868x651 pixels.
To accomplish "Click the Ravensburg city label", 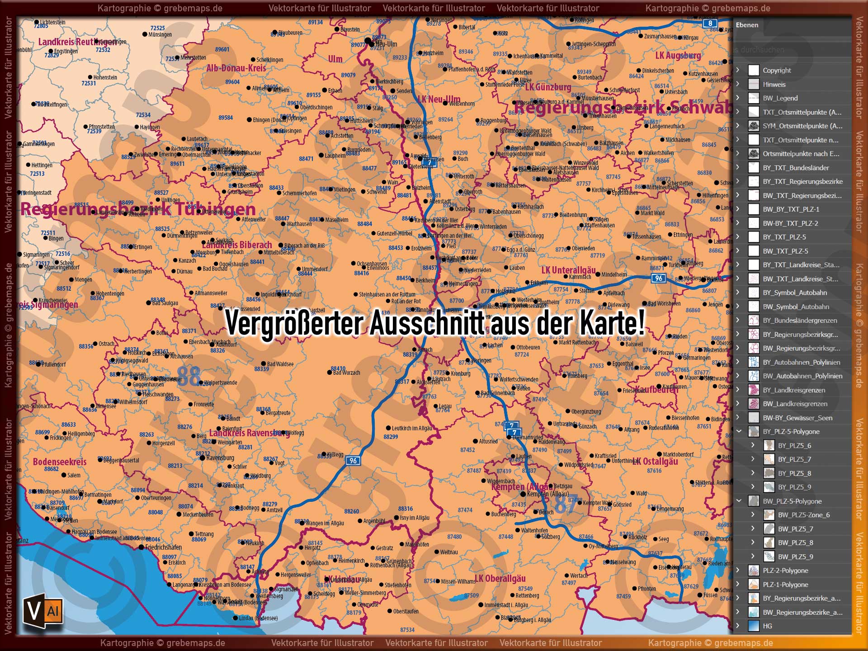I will [220, 458].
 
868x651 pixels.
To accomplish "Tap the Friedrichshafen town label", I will [163, 547].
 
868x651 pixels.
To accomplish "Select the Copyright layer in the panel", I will [777, 71].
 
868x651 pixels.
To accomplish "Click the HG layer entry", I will [768, 626].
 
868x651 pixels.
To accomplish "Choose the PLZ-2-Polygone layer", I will [785, 571].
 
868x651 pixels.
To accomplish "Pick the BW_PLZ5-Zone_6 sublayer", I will [803, 515].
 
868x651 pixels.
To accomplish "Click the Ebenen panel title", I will [747, 25].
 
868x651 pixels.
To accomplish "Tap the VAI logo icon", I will [42, 611].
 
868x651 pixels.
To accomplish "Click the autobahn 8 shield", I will [710, 24].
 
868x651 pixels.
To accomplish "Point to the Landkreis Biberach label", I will [237, 245].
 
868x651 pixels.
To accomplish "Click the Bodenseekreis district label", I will [59, 462].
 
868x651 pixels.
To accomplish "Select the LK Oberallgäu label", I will [500, 579].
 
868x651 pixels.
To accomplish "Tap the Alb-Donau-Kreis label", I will [236, 68].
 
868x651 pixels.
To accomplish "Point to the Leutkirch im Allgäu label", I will [412, 428].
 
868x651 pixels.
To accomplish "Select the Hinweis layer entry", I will [774, 85].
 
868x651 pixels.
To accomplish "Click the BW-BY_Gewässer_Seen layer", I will [797, 418].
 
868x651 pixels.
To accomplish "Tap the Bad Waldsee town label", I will [280, 364].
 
